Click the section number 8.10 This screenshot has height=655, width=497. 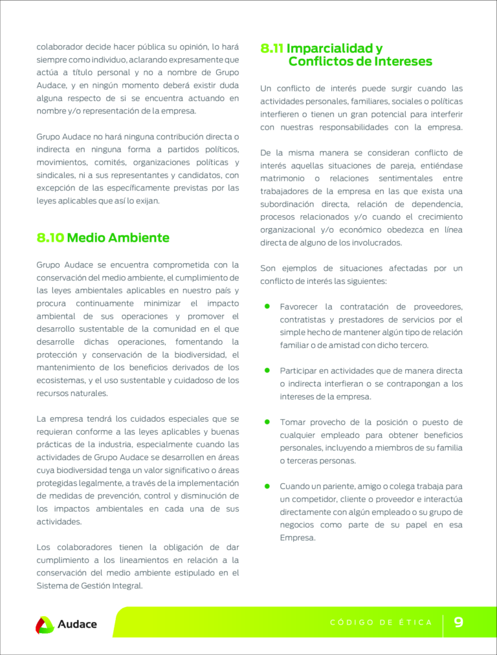pos(50,238)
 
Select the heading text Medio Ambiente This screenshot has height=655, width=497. pos(118,238)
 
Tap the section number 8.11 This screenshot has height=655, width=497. pos(272,49)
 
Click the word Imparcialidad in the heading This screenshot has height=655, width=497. pos(334,49)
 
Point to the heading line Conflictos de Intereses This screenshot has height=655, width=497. pos(360,62)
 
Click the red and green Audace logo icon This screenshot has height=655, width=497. pos(45,625)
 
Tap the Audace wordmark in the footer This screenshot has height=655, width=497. pos(77,625)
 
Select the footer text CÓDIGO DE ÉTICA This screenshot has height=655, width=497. pos(381,623)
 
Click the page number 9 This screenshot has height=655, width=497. pos(458,623)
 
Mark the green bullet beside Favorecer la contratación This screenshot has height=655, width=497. pos(267,306)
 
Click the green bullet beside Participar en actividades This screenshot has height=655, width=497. pos(267,370)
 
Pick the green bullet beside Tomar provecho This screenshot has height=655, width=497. pos(267,422)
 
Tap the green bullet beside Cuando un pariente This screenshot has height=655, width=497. pos(267,486)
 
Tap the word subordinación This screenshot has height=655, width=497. pos(288,204)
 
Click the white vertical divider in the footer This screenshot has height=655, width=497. pos(443,623)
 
